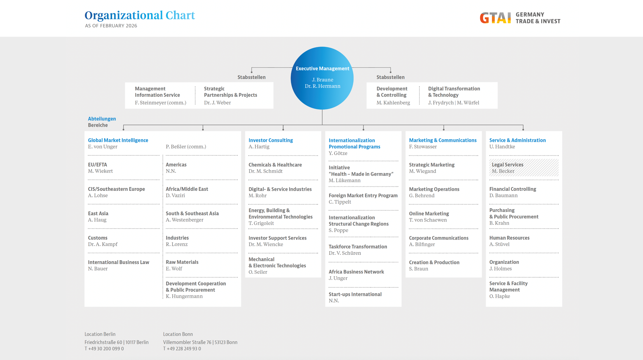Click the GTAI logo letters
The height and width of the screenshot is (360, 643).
[495, 18]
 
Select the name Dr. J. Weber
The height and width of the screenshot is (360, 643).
[217, 103]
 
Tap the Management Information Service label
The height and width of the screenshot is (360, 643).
[157, 92]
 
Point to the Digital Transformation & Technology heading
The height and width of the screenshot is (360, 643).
[454, 92]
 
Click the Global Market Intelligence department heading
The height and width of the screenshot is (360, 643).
[118, 140]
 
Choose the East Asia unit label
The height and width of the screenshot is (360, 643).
[98, 213]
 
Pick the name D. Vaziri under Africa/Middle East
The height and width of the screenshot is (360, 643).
[175, 195]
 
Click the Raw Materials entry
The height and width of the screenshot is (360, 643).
[182, 262]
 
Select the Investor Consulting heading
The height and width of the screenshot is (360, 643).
[271, 140]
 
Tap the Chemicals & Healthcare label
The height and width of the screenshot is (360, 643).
[275, 165]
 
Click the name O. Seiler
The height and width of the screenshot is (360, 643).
[258, 272]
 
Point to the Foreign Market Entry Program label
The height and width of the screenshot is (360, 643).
[363, 195]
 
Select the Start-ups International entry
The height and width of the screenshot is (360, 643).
[355, 294]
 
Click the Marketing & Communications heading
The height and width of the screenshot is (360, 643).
[443, 140]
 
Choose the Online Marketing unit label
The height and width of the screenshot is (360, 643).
[429, 213]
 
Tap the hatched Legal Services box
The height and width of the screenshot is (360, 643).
[524, 168]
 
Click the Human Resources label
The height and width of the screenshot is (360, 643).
[509, 238]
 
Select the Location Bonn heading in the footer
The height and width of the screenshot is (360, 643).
[178, 334]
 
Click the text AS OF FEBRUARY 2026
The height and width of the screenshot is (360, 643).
[111, 26]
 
